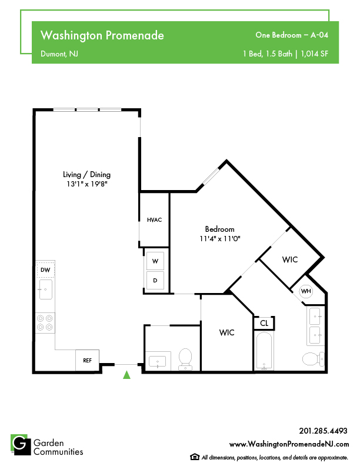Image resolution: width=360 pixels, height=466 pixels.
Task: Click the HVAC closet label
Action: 155,220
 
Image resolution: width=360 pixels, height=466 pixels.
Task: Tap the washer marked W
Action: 155,261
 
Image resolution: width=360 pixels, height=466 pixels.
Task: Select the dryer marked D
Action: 155,280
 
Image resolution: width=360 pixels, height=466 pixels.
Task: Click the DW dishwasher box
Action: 45,270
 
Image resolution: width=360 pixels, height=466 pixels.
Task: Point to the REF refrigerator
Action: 87,360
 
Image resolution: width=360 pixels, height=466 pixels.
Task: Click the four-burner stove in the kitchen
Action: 45,323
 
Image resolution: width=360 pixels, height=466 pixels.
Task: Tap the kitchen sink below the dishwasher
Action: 45,289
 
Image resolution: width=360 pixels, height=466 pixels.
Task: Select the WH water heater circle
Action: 306,291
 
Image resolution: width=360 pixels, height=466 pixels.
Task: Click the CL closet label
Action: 264,323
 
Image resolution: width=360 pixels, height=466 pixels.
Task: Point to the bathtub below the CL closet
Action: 264,351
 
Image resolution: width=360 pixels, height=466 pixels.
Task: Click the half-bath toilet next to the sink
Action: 185,359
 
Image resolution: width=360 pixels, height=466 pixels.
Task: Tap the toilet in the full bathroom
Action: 314,359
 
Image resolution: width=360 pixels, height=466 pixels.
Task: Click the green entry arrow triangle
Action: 127,375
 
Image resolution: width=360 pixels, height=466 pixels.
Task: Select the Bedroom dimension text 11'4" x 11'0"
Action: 220,239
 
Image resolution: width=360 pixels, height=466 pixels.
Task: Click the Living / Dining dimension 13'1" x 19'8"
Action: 86,184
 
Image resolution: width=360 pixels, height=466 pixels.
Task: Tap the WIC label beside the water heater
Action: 290,259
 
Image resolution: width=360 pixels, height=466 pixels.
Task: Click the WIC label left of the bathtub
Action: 227,332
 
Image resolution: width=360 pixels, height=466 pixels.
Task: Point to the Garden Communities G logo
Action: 21,445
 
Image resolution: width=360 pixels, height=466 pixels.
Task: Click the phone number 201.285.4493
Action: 323,431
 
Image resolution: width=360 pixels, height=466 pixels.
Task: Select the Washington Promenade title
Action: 102,35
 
